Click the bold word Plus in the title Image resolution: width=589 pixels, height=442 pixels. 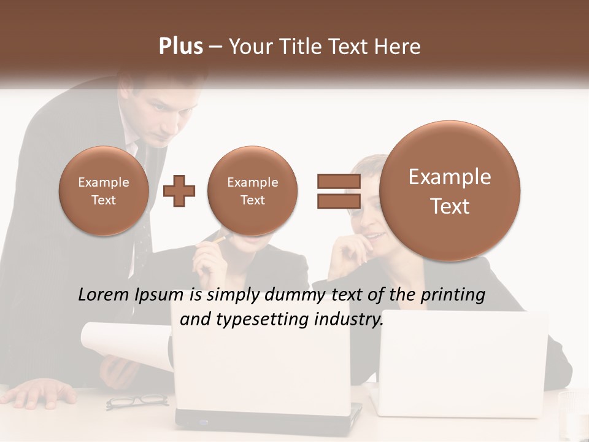click(180, 46)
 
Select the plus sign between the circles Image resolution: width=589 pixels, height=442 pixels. click(179, 191)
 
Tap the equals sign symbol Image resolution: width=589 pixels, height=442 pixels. click(338, 191)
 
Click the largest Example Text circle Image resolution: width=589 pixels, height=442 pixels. click(450, 191)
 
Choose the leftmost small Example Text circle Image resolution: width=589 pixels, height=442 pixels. click(104, 191)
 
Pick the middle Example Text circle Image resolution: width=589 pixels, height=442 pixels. click(252, 191)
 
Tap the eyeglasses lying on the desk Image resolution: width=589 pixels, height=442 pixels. click(137, 401)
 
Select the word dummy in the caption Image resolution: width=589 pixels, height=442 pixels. click(296, 295)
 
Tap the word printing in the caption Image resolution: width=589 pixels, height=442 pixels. click(452, 295)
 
